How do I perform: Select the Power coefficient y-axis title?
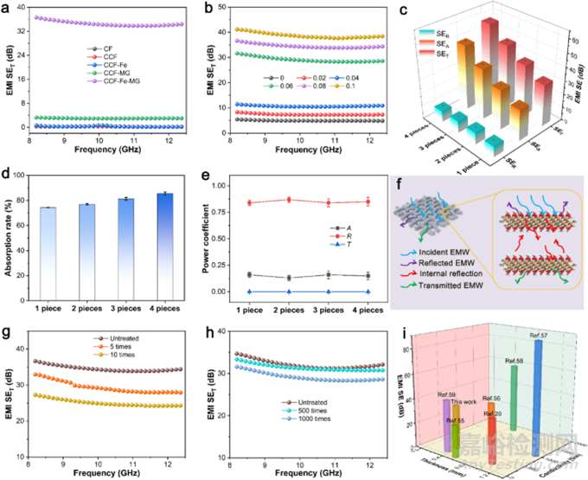pyautogui.click(x=208, y=238)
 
